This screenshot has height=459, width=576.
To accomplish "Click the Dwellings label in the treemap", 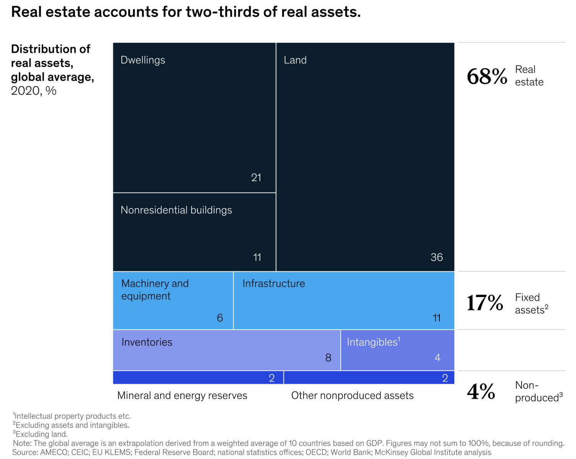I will (x=143, y=60).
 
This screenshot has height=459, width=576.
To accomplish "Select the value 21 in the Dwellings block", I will (x=256, y=177).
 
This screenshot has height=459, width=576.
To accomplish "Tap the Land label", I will (x=295, y=60).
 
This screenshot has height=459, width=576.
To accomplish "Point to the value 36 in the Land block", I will (x=436, y=257).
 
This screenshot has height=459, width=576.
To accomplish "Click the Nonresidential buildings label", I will (x=176, y=210).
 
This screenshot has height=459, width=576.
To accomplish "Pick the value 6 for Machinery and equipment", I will (x=220, y=318).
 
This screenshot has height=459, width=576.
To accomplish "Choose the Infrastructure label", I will (x=273, y=283).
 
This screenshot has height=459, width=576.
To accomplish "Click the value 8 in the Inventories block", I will (x=328, y=358).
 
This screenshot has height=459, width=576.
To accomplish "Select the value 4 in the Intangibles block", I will (x=438, y=358).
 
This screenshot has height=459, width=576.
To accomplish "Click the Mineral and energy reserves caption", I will (x=182, y=396).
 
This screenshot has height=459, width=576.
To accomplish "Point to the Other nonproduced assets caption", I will (x=352, y=396).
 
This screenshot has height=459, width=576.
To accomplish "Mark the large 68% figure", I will (x=487, y=76).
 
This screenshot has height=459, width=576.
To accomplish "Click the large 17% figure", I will (x=485, y=303).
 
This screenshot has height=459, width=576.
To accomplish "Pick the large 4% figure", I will (x=481, y=391).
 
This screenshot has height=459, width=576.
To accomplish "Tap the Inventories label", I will (x=147, y=342).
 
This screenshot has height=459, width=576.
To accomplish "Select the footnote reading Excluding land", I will (x=41, y=434).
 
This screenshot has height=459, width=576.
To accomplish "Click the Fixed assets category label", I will (x=531, y=304).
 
